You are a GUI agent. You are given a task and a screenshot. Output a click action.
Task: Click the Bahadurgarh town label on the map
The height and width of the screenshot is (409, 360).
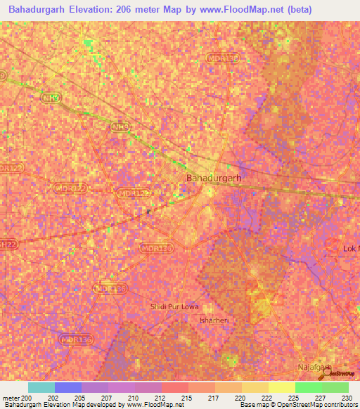pos(214,178)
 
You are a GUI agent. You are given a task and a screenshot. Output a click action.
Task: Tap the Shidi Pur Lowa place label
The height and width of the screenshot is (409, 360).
pos(175,307)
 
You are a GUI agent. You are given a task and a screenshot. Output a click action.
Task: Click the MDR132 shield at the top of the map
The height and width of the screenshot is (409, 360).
pos(221,57)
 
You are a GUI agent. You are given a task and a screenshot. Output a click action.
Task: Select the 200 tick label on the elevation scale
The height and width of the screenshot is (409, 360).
pos(27,397)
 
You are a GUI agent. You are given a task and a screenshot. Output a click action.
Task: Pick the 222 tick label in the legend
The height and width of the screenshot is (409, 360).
pos(268,397)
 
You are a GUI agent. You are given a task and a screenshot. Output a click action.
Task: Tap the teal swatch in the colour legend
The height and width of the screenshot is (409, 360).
pos(41,387)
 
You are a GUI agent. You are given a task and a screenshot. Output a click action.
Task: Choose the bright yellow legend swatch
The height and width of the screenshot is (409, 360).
pos(281,387)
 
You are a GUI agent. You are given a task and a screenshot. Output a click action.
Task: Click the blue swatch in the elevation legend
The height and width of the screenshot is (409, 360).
pos(67,387)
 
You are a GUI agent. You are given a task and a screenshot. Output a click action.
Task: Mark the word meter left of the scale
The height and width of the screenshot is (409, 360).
pos(9,397)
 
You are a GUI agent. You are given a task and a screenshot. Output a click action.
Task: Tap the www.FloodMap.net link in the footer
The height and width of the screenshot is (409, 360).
pos(150,405)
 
